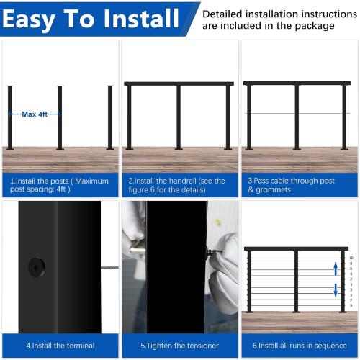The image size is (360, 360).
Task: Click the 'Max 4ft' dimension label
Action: tap(35, 114)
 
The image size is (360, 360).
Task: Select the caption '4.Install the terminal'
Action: tap(52, 346)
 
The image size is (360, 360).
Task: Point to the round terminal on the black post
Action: tap(35, 267)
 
